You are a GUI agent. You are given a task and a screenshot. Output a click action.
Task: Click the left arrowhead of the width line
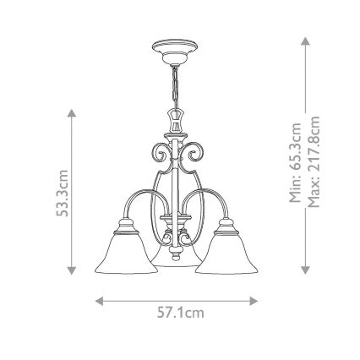[100, 297]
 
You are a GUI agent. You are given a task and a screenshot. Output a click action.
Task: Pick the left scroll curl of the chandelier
[155, 152]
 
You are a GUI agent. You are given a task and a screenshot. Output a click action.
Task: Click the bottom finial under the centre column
[177, 250]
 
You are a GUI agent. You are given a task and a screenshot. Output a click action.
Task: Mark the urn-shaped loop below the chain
[177, 121]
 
